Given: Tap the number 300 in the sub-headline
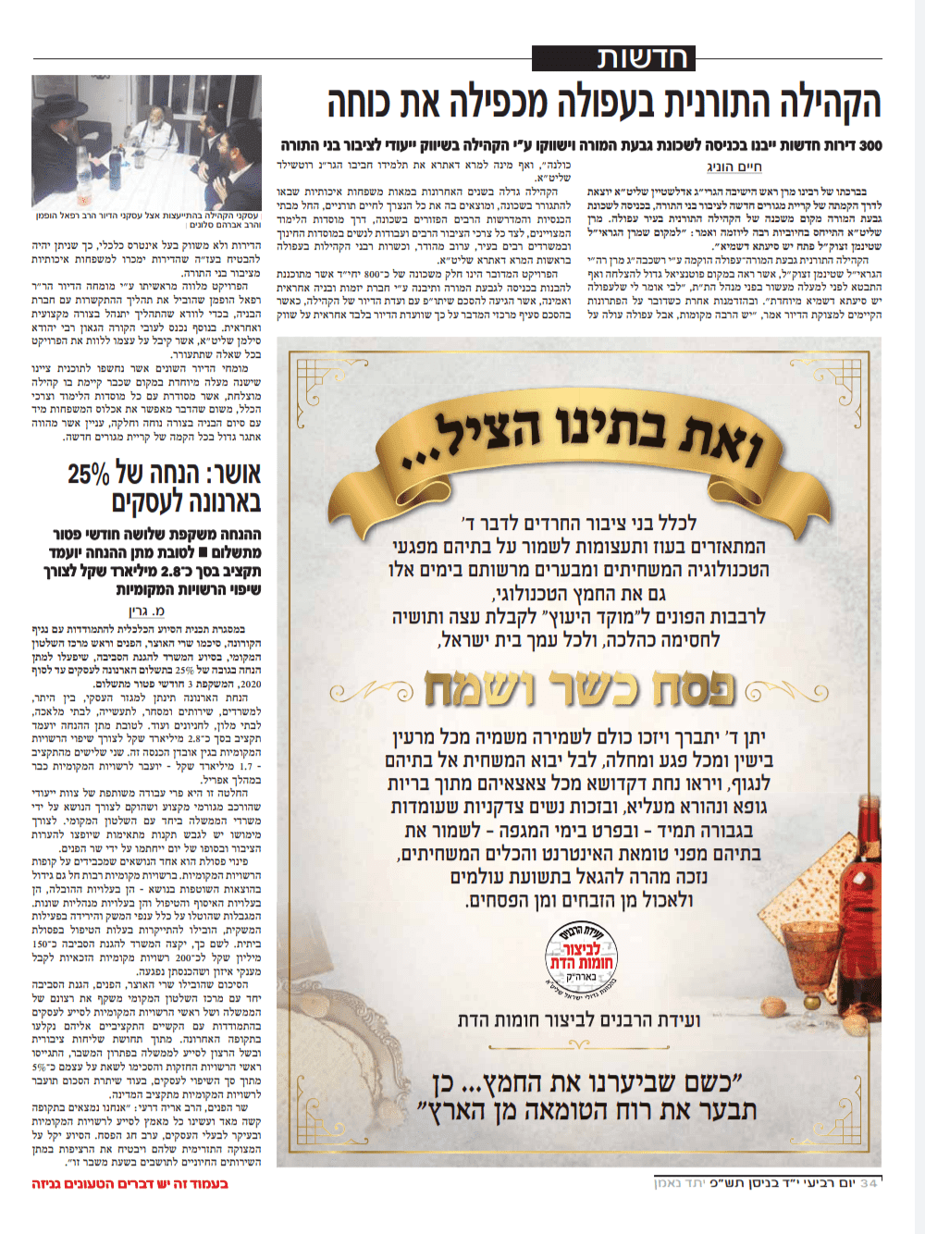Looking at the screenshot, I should point(870,145).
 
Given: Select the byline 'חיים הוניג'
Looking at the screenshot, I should point(734,167).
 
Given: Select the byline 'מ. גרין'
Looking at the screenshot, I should point(146,611).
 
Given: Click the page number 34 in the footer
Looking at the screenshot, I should point(869,1183).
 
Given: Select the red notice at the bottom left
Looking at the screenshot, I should point(129,1184).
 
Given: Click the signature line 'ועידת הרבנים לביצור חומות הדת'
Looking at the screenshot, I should point(579,1020).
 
